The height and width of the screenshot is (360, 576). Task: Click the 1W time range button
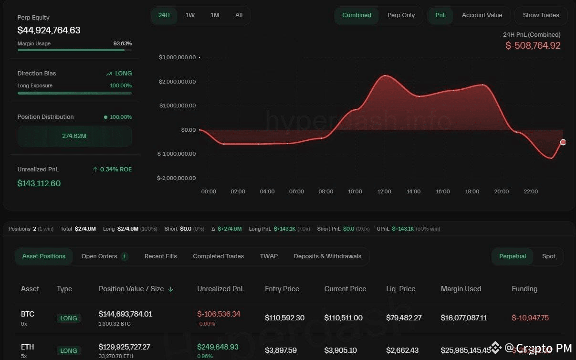(x=190, y=15)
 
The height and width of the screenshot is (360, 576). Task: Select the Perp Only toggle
(x=401, y=15)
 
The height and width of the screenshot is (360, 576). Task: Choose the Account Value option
(x=482, y=15)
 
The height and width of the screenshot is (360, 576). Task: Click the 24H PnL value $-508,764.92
(x=533, y=46)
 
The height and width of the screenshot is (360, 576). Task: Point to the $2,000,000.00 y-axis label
(x=177, y=82)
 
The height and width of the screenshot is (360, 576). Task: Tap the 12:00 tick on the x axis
(x=384, y=191)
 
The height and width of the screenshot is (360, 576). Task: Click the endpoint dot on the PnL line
(x=563, y=142)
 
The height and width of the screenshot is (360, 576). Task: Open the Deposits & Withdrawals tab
(x=327, y=256)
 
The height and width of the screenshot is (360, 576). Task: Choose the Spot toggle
(x=548, y=256)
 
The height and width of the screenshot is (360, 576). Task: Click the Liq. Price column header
(x=400, y=289)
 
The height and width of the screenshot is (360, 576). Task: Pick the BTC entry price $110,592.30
(x=284, y=318)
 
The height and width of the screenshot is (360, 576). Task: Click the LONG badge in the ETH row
(x=68, y=350)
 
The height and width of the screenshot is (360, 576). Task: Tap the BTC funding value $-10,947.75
(x=530, y=318)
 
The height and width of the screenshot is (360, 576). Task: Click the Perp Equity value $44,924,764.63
(x=49, y=30)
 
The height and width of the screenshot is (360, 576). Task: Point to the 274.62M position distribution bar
(x=74, y=136)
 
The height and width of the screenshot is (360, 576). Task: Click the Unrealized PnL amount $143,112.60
(x=39, y=183)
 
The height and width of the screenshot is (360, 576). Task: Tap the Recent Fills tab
(x=160, y=256)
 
